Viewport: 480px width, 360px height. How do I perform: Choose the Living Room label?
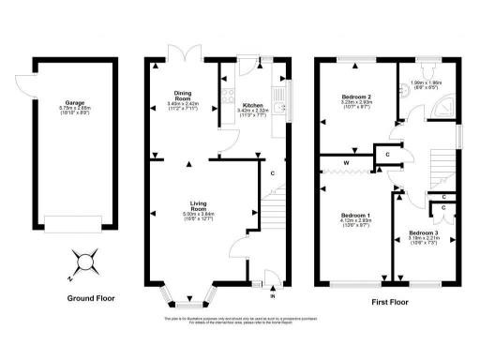pos(198,210)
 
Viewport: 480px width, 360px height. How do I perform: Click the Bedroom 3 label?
pos(424,236)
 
